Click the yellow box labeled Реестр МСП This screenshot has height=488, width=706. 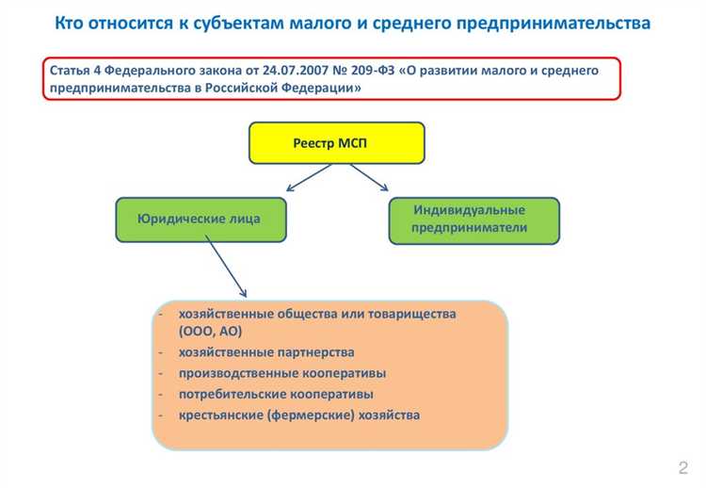pos(336,142)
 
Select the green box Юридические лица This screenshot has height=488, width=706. pos(200,219)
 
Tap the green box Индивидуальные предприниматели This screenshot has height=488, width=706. pos(473,220)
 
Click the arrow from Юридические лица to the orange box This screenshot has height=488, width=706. pos(226,266)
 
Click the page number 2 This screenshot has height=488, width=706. pos(682,468)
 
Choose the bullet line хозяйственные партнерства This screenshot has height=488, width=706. pos(266,351)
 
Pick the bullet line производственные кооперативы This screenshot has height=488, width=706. pos(281,372)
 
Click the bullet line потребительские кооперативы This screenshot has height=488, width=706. pos(276,393)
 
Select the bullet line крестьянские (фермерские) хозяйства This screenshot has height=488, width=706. pos(298,415)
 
